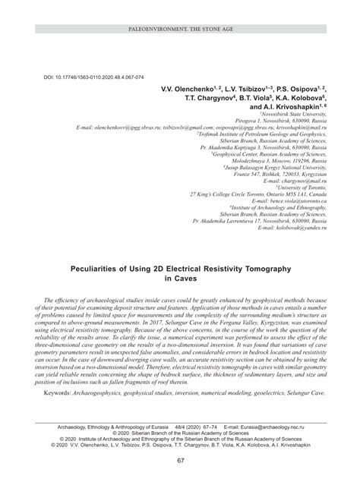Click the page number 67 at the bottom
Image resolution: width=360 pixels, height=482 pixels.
pos(180,460)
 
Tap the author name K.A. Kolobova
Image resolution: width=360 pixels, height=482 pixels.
pos(301,98)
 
